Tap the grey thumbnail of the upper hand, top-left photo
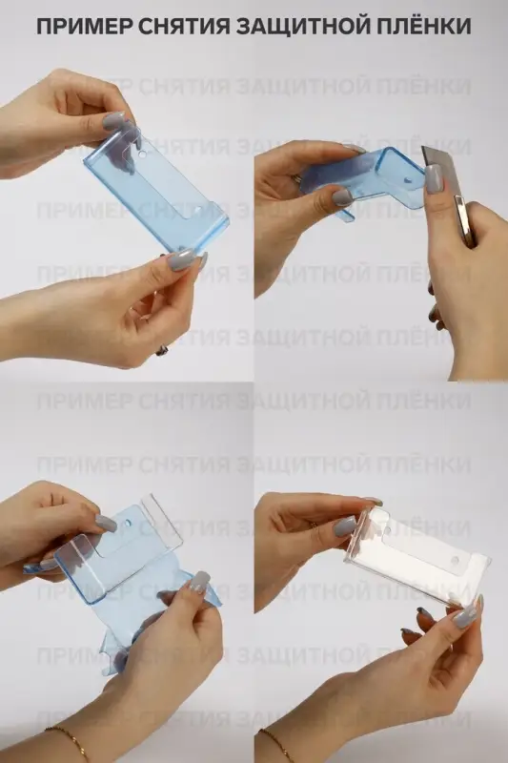click(x=115, y=121)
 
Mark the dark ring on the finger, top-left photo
click(x=163, y=350)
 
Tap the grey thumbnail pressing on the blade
click(x=435, y=178)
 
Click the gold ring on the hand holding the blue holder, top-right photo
click(x=297, y=178)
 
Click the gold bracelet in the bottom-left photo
click(x=68, y=738)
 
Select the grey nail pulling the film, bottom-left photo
click(x=199, y=581)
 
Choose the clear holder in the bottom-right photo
click(x=419, y=558)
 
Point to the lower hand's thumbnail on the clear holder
click(x=465, y=615)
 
